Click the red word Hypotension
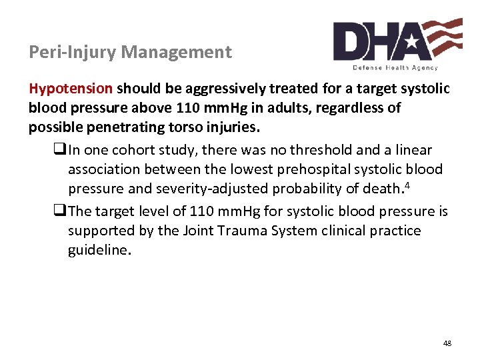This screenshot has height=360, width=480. [x=71, y=89]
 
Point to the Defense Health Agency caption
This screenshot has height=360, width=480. [x=396, y=68]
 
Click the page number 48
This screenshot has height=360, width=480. [x=447, y=343]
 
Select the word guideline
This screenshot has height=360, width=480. [x=97, y=251]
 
